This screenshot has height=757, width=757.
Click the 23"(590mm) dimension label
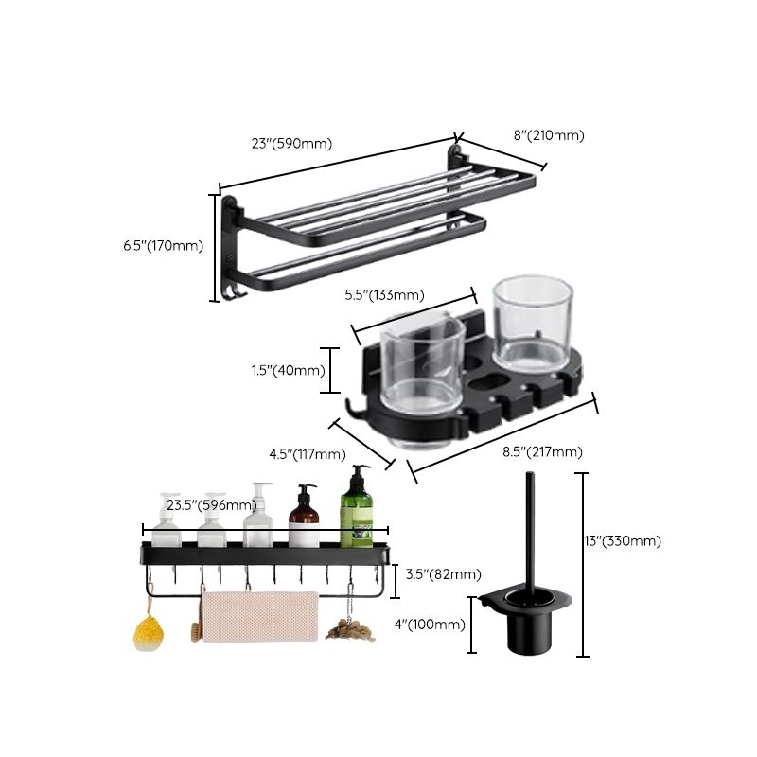[x=291, y=144]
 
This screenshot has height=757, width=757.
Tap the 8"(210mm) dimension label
[x=549, y=135]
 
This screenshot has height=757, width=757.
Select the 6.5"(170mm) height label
[x=163, y=246]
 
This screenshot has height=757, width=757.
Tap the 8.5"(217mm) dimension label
[x=542, y=451]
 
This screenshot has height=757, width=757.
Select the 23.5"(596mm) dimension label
[x=211, y=505]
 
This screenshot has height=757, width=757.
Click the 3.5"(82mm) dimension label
[x=442, y=574]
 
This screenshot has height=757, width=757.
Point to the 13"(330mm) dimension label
[x=621, y=541]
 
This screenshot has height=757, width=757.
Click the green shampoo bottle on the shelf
[x=357, y=510]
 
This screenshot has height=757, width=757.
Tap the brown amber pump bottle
[x=304, y=519]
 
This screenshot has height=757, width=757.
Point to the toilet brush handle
[x=522, y=530]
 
